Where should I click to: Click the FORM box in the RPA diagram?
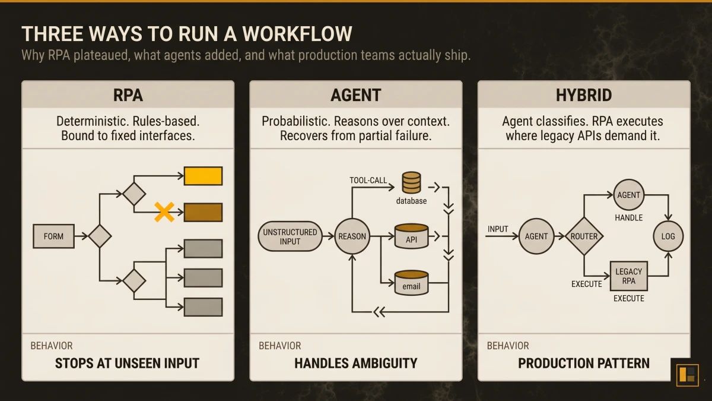pyautogui.click(x=53, y=236)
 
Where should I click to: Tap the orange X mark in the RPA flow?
pyautogui.click(x=164, y=212)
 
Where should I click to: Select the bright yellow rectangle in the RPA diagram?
pyautogui.click(x=203, y=176)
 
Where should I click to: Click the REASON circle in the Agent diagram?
pyautogui.click(x=352, y=236)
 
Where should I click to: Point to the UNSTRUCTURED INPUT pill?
pyautogui.click(x=290, y=236)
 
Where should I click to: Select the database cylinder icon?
pyautogui.click(x=411, y=182)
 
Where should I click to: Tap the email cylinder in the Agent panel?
pyautogui.click(x=411, y=283)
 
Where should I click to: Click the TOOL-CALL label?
pyautogui.click(x=368, y=180)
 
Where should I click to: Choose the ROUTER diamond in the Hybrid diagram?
pyautogui.click(x=584, y=236)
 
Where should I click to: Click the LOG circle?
pyautogui.click(x=668, y=236)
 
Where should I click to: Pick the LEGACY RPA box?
pyautogui.click(x=628, y=276)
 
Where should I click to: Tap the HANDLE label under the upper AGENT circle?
pyautogui.click(x=628, y=217)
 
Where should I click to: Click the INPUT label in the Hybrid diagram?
pyautogui.click(x=498, y=229)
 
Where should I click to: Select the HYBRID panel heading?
pyautogui.click(x=584, y=94)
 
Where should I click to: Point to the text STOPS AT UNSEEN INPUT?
pyautogui.click(x=127, y=363)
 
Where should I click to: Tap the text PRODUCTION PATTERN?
pyautogui.click(x=584, y=363)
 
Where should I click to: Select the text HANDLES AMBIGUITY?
pyautogui.click(x=356, y=363)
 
